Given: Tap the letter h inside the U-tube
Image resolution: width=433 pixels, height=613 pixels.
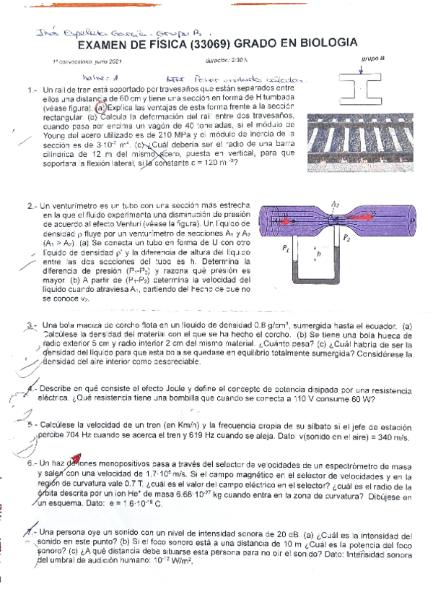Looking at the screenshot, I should coord(318,254).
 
